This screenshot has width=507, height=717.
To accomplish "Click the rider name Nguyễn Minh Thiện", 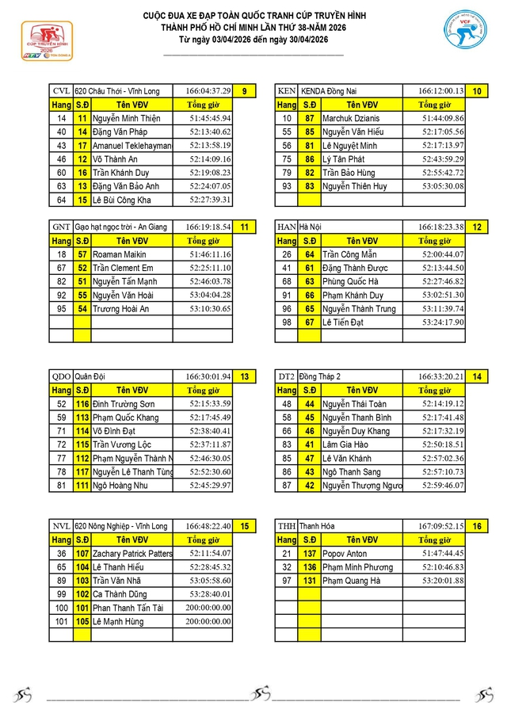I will [x=126, y=118].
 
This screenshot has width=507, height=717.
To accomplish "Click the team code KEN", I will [x=287, y=91].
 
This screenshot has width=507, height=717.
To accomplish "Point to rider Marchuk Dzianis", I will [x=351, y=118].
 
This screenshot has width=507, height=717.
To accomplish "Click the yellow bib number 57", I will [x=82, y=254].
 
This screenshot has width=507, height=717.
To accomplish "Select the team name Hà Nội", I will [x=312, y=227].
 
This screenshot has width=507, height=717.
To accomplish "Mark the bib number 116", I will [x=82, y=404].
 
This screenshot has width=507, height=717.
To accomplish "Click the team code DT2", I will [x=287, y=377].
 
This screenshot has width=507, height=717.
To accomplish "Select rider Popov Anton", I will [x=345, y=554].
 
